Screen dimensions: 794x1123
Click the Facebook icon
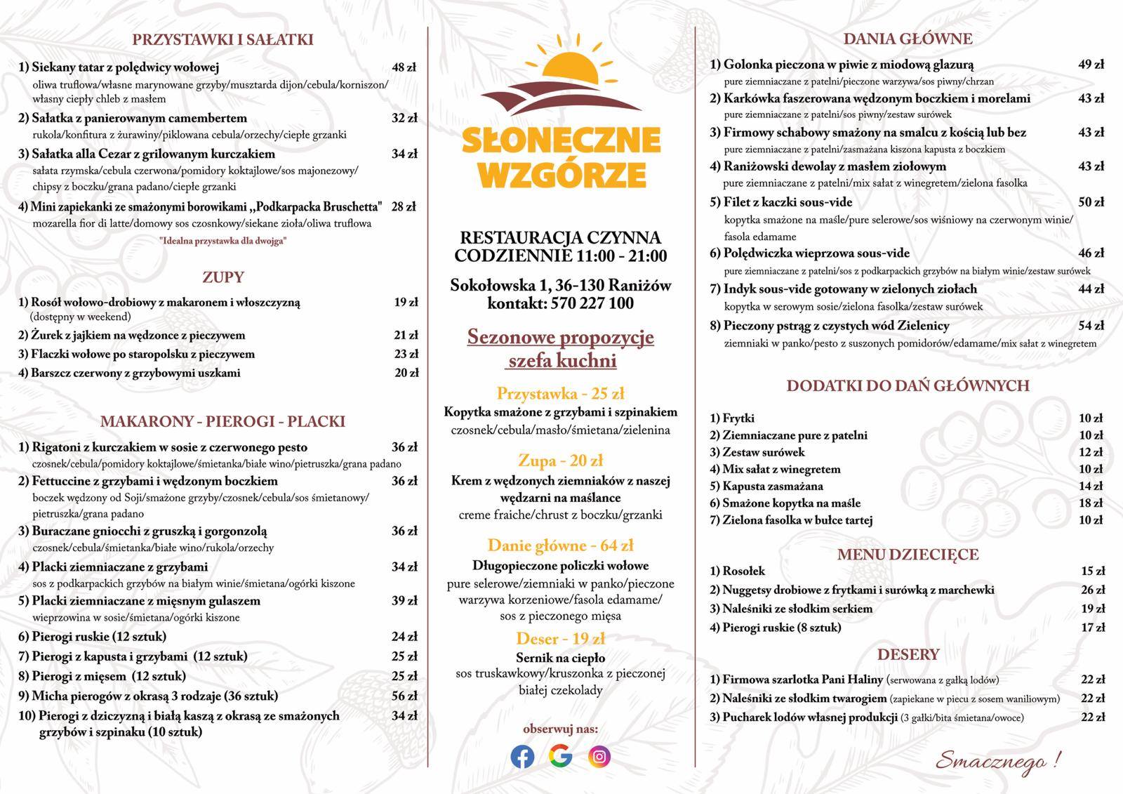click(522, 756)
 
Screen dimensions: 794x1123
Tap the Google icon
click(560, 756)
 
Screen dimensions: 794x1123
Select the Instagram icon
click(599, 756)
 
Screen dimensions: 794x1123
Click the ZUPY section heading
click(222, 277)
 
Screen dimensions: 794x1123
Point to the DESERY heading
click(908, 654)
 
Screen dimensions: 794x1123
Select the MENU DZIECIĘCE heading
click(908, 555)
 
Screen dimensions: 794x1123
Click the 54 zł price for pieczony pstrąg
click(1091, 326)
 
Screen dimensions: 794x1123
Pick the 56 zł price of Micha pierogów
click(404, 696)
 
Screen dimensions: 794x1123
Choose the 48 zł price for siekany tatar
click(404, 67)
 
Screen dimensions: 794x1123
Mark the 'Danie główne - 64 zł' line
click(561, 545)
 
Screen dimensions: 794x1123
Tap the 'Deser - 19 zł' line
click(561, 639)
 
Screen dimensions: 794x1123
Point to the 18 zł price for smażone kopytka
click(1091, 503)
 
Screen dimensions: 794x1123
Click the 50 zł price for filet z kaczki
click(1091, 202)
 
